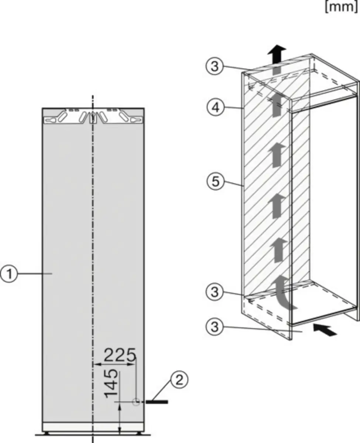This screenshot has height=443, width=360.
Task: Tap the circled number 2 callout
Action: pyautogui.click(x=179, y=380)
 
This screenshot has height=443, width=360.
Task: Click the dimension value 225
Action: pyautogui.click(x=119, y=355)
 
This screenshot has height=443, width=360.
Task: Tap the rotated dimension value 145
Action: pyautogui.click(x=112, y=384)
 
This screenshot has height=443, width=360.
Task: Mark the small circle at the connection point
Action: pyautogui.click(x=136, y=401)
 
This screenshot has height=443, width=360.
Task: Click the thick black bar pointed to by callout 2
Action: pyautogui.click(x=157, y=401)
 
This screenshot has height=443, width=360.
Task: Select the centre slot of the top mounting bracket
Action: pyautogui.click(x=93, y=117)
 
